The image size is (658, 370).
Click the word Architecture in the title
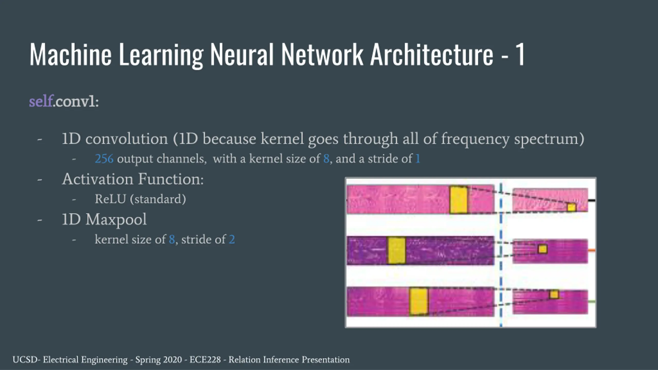(x=432, y=54)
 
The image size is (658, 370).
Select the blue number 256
(x=104, y=159)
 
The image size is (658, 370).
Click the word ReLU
(x=110, y=199)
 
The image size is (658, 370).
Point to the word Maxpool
(x=116, y=219)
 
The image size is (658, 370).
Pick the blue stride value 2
(x=232, y=239)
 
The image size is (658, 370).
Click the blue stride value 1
(x=418, y=159)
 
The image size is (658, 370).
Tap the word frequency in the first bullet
(x=475, y=139)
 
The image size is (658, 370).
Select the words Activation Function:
(x=133, y=179)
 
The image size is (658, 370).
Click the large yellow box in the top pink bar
(x=458, y=200)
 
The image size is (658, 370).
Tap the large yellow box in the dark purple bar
(x=396, y=250)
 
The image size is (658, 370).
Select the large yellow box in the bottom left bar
(x=418, y=301)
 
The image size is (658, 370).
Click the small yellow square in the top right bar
(x=571, y=207)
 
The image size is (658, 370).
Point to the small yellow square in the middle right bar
(x=543, y=249)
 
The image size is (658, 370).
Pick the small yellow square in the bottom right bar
(x=554, y=294)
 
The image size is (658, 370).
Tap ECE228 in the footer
(x=205, y=360)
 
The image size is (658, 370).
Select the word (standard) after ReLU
(x=158, y=199)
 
